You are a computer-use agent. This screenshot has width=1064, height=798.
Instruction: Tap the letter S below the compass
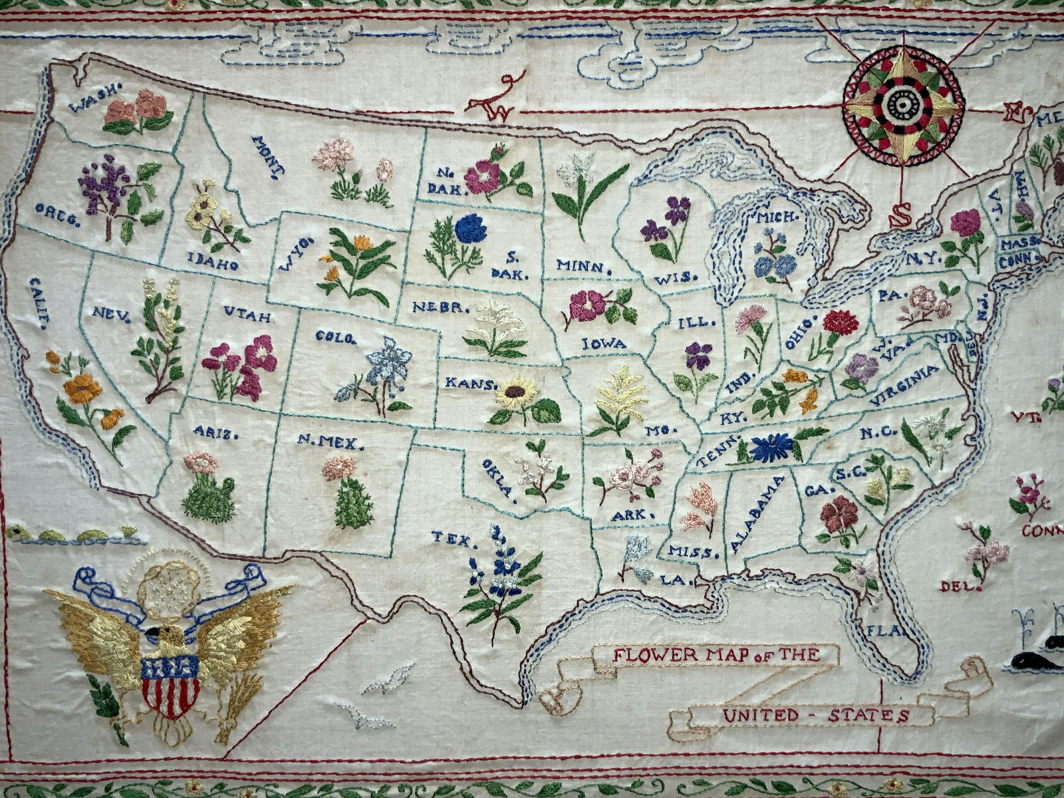point(902,214)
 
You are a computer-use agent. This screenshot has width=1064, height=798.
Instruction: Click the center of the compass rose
point(903,105)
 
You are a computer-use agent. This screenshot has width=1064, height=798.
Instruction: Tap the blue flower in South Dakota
point(471,229)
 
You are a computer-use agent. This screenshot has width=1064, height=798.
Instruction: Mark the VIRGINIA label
point(904,385)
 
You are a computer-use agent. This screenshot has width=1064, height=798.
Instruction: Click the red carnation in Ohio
point(840,323)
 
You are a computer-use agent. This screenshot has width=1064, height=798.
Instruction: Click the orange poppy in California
point(82,388)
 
